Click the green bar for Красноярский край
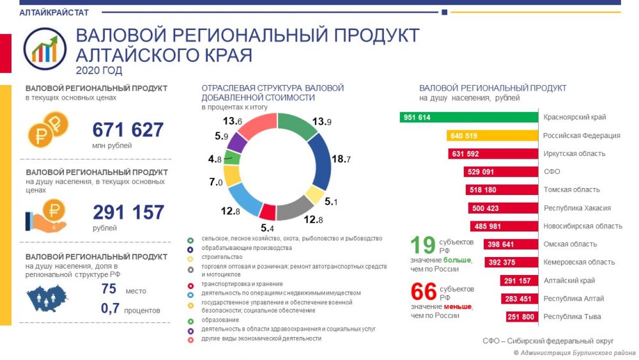(x=468, y=118)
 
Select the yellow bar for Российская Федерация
(x=492, y=136)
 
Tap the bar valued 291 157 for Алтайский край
(x=519, y=281)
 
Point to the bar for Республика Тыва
(x=522, y=317)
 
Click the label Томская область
(x=571, y=189)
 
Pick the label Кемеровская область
(x=579, y=262)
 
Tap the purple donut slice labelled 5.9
(x=237, y=143)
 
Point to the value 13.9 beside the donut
(x=321, y=121)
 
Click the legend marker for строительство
(x=190, y=258)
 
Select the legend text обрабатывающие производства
(x=247, y=248)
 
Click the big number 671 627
(x=128, y=130)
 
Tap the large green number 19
(x=423, y=245)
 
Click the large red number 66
(x=424, y=292)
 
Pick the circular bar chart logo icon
(x=45, y=49)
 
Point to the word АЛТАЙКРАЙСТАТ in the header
(x=54, y=12)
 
